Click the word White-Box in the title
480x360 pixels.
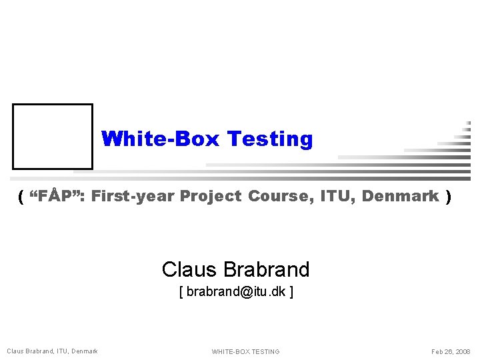pyautogui.click(x=161, y=139)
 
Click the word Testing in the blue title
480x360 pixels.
pyautogui.click(x=269, y=139)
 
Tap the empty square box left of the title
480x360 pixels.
pyautogui.click(x=53, y=136)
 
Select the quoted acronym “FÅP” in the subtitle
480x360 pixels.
pyautogui.click(x=57, y=196)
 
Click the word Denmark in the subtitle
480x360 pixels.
pyautogui.click(x=400, y=196)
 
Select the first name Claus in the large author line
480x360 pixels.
pyautogui.click(x=189, y=269)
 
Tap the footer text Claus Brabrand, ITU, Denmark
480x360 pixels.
pyautogui.click(x=52, y=351)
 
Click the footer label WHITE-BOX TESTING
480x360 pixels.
pyautogui.click(x=245, y=351)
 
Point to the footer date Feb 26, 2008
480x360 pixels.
pyautogui.click(x=451, y=351)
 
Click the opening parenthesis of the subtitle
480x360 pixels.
pyautogui.click(x=21, y=196)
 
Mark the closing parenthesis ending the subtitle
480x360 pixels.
pyautogui.click(x=449, y=196)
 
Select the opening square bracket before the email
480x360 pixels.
pyautogui.click(x=181, y=291)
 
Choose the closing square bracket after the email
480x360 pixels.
pyautogui.click(x=291, y=291)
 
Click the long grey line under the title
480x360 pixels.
pyautogui.click(x=267, y=178)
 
